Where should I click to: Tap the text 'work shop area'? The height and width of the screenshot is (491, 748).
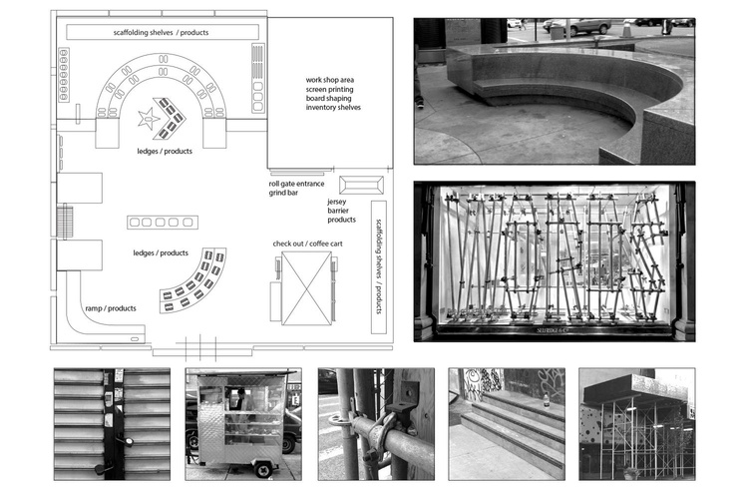[x=330, y=78]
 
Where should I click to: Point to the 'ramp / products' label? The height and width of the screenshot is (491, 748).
[x=110, y=308]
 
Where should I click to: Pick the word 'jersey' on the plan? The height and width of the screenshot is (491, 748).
[x=338, y=201]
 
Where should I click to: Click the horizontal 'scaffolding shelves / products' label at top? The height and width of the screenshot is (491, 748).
[x=160, y=33]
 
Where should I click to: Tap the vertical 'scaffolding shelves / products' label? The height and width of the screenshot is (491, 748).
[x=379, y=266]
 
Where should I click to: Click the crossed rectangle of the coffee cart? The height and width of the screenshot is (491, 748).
[x=307, y=287]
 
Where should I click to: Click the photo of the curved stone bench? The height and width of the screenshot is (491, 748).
[x=554, y=91]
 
